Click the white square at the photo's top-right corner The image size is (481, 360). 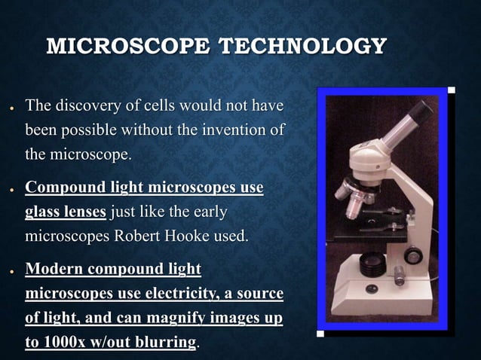coord(451,91)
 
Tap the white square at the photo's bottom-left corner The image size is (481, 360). coord(320,332)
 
